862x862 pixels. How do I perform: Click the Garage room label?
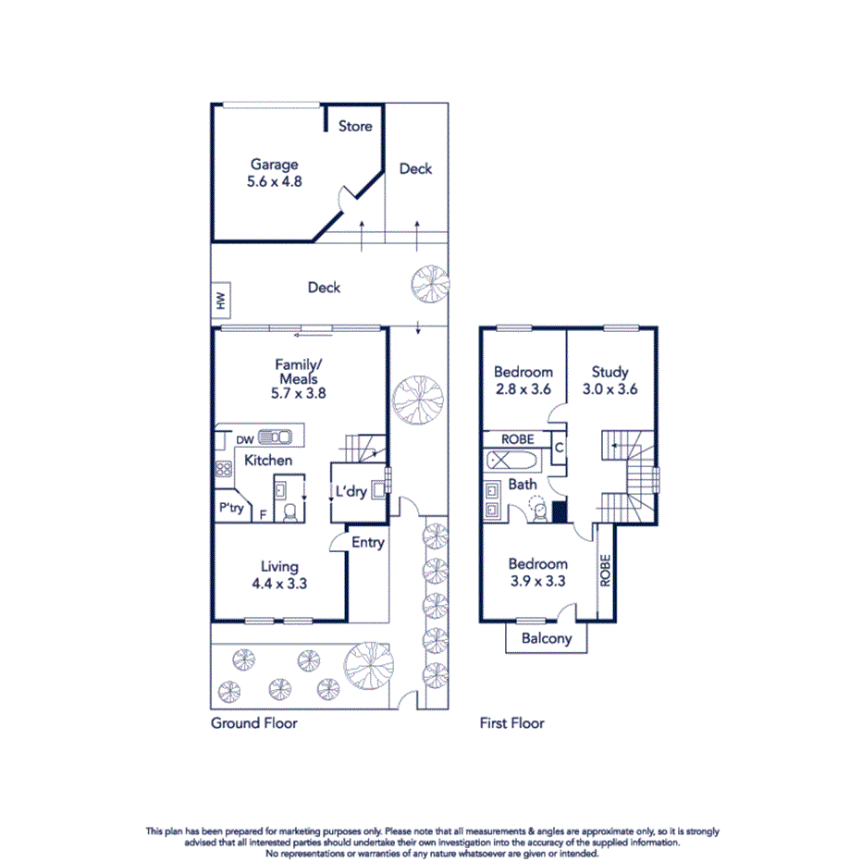[x=274, y=165]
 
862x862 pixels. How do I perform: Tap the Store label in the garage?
[x=355, y=126]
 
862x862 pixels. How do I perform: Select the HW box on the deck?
[x=220, y=301]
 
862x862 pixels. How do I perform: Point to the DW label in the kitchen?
[x=244, y=440]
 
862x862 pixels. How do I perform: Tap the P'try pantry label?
[x=230, y=508]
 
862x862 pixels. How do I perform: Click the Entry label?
[x=367, y=542]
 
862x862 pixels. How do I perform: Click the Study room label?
[x=610, y=373]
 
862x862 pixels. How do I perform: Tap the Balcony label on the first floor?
[x=547, y=638]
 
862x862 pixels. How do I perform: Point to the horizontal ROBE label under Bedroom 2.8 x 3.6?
[x=518, y=438]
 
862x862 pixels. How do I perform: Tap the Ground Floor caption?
[x=254, y=722]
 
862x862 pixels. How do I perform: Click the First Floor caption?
[x=511, y=722]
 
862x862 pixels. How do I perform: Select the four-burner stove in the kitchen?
[x=223, y=468]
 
